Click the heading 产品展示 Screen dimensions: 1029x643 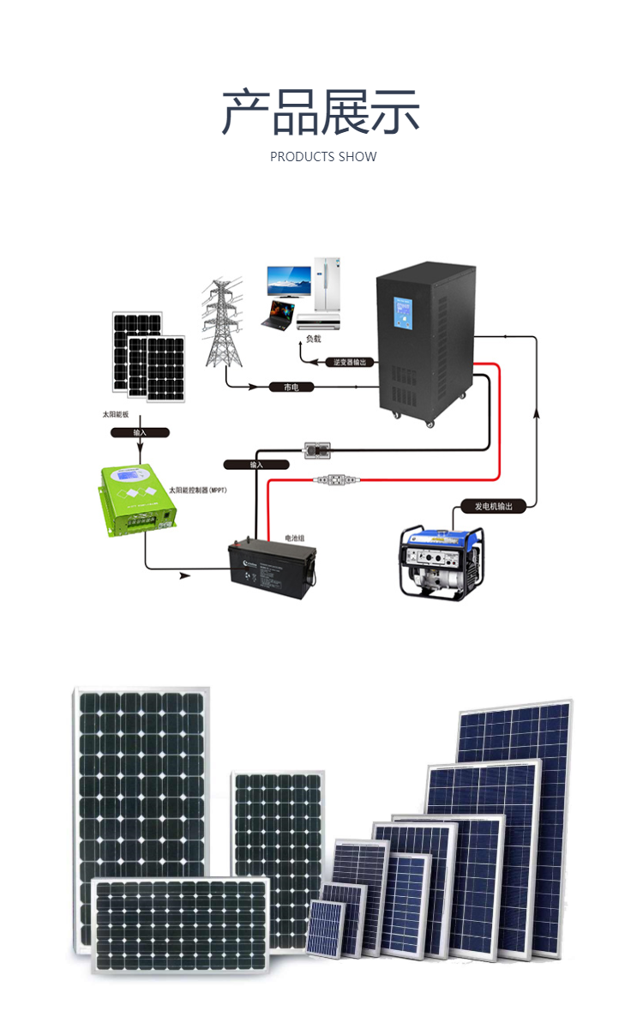coord(321,112)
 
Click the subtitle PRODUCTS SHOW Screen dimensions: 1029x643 coord(323,157)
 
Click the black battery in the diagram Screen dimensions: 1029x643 coord(271,570)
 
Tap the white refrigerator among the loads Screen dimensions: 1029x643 coord(328,285)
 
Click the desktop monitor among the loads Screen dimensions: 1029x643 coord(288,281)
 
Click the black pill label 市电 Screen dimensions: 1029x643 coord(291,388)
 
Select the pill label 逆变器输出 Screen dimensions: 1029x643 coord(350,362)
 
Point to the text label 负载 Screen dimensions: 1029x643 coord(313,340)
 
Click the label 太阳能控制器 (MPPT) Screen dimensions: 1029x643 coord(203,490)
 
